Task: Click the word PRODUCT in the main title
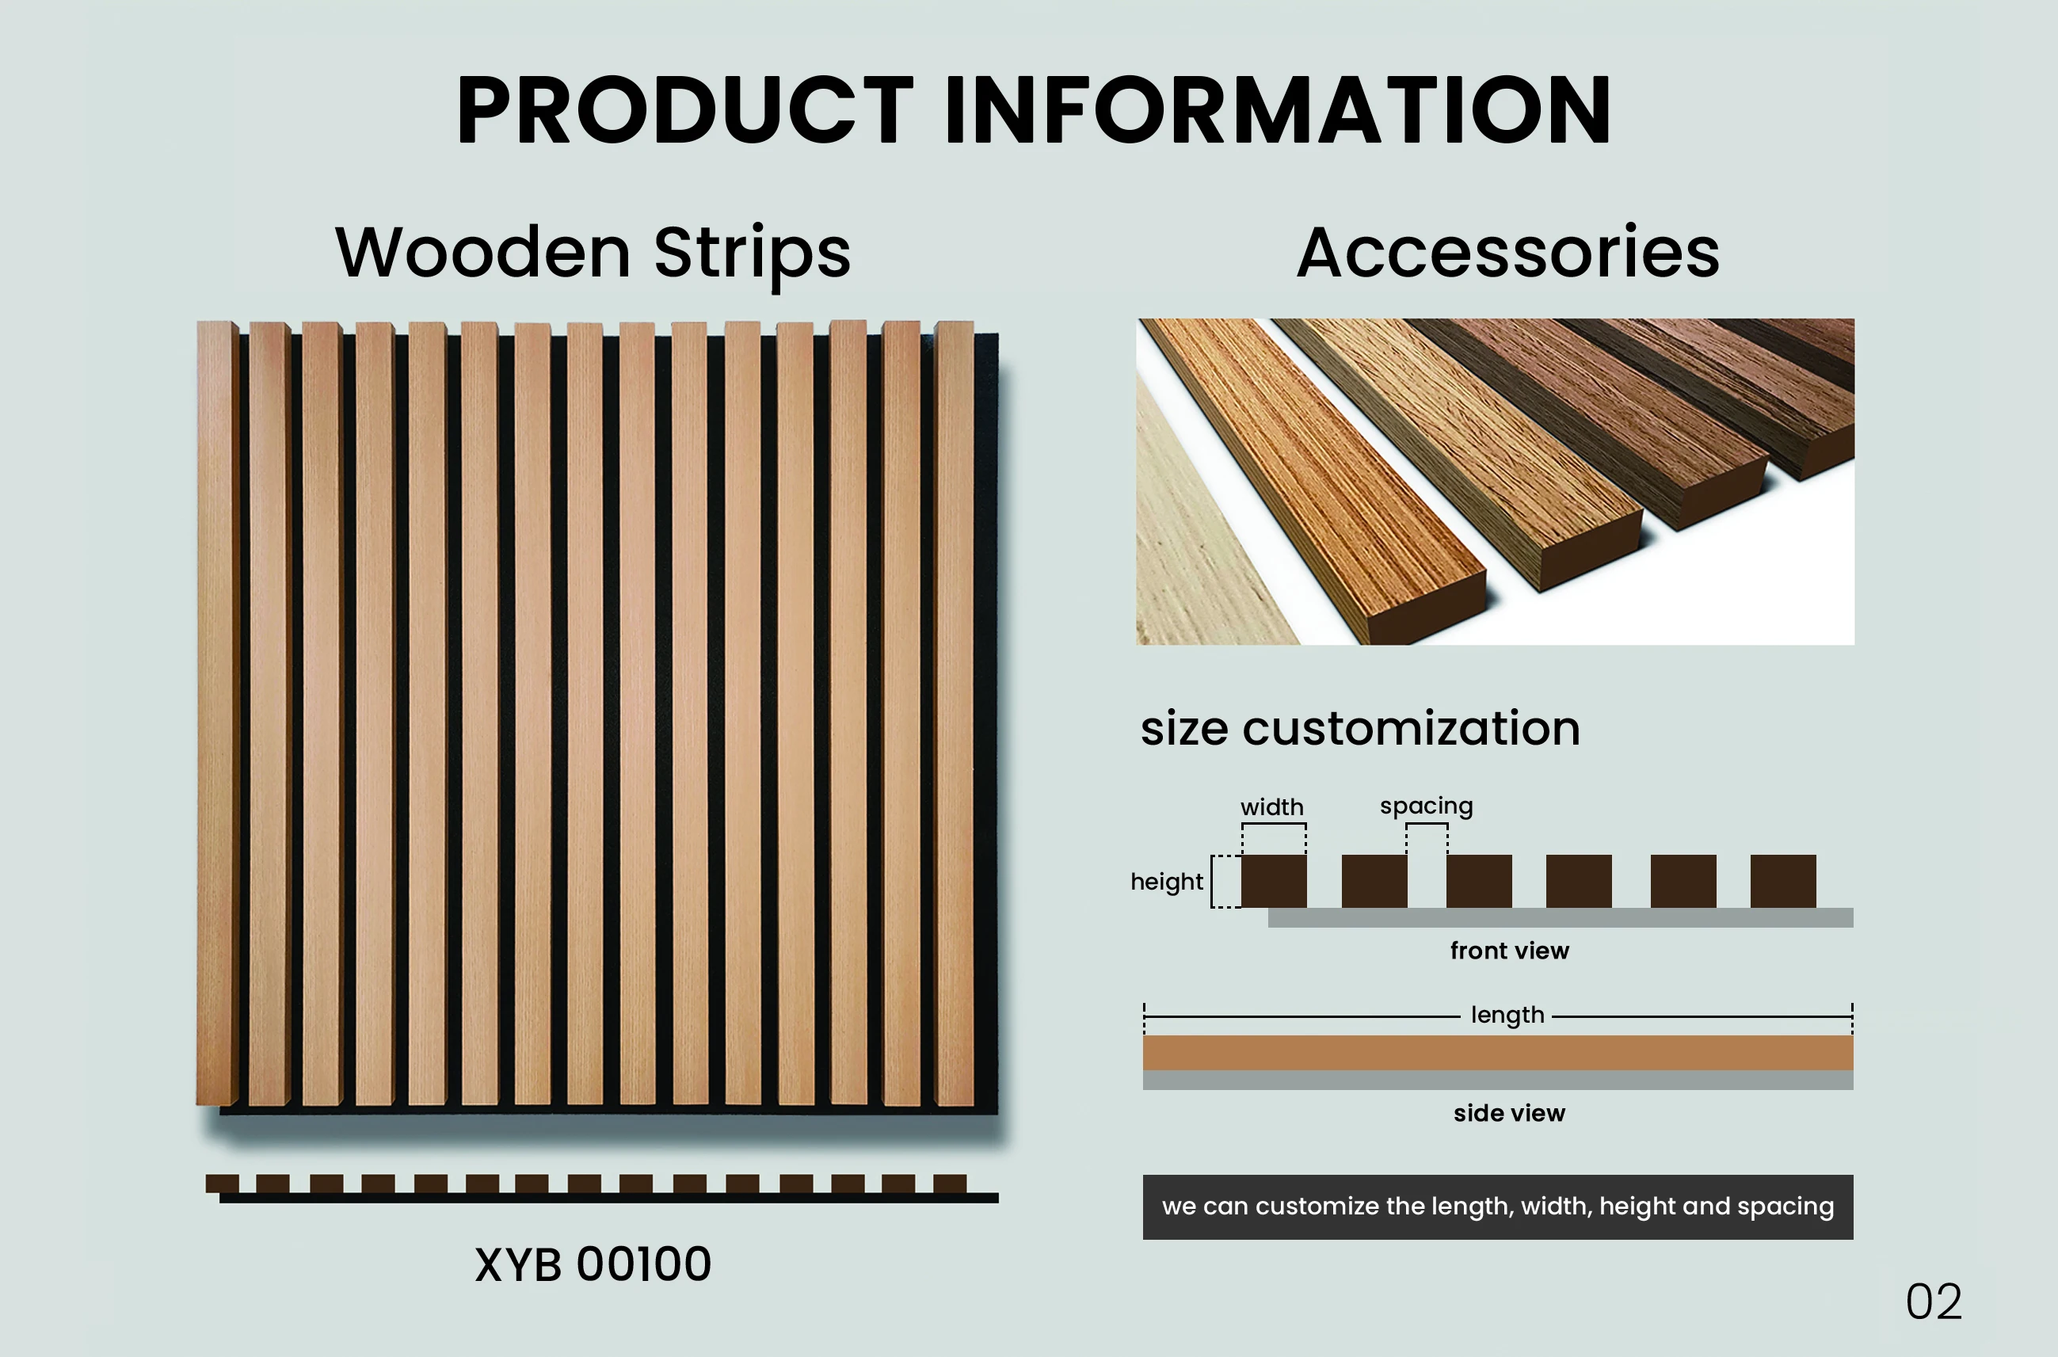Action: [684, 110]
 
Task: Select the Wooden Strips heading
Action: [593, 253]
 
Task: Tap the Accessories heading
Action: [1507, 253]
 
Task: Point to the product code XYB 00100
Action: [593, 1264]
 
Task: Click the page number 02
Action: [1934, 1302]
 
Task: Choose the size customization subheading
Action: [1359, 728]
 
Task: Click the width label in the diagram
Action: [1271, 807]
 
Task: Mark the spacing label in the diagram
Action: [1425, 806]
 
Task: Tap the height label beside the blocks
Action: [1166, 882]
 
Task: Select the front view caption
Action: [1509, 951]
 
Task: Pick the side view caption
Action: [1508, 1113]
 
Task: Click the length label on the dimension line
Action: [1507, 1015]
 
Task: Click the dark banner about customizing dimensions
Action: [1497, 1206]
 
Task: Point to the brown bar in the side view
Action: [1497, 1052]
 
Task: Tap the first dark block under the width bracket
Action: [1273, 881]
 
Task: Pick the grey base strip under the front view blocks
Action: [1560, 917]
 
